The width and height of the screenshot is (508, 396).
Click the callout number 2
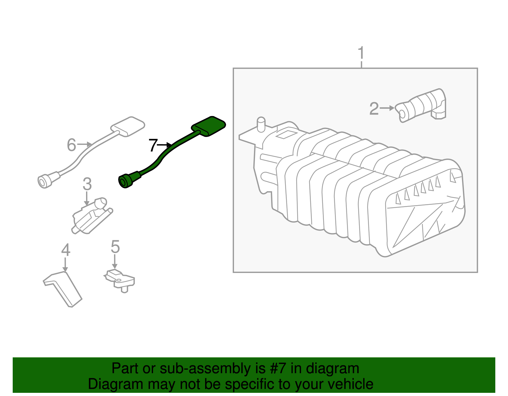coord(374,109)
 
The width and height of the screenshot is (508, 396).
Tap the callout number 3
coord(87,184)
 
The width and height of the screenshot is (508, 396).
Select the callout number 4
coord(65,250)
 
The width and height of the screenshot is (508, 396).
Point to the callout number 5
coord(115,247)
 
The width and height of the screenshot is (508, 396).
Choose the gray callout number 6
coord(71,145)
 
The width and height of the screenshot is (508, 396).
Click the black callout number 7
coord(153,146)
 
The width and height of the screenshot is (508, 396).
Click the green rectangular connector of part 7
coord(209,126)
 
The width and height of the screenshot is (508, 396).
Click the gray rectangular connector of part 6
coord(128,126)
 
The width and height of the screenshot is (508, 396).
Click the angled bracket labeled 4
coord(63,287)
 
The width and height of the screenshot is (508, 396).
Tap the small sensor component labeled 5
coord(120,279)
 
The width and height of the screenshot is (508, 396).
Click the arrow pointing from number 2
coord(387,108)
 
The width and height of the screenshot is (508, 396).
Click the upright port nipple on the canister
coord(261,124)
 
